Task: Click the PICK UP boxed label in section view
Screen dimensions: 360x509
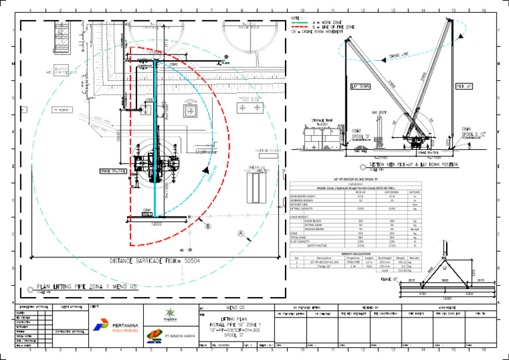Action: coord(464,86)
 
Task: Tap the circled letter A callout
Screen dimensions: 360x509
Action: coord(241,233)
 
